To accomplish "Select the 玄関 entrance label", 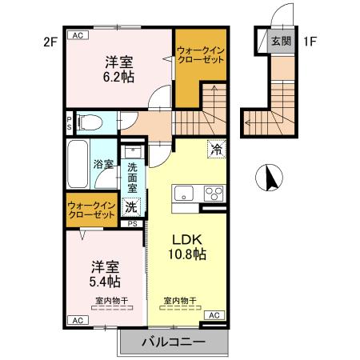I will [281, 41].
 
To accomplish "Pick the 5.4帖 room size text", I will [104, 281].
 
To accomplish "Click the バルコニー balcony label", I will [174, 342].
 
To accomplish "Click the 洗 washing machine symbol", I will [131, 206].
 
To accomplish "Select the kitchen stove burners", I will [214, 193].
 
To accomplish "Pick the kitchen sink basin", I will [182, 193].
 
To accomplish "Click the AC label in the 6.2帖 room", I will [78, 36].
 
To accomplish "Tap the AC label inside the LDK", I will [214, 316].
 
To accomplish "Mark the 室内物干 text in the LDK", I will [181, 301].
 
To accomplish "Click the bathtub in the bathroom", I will [78, 165].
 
